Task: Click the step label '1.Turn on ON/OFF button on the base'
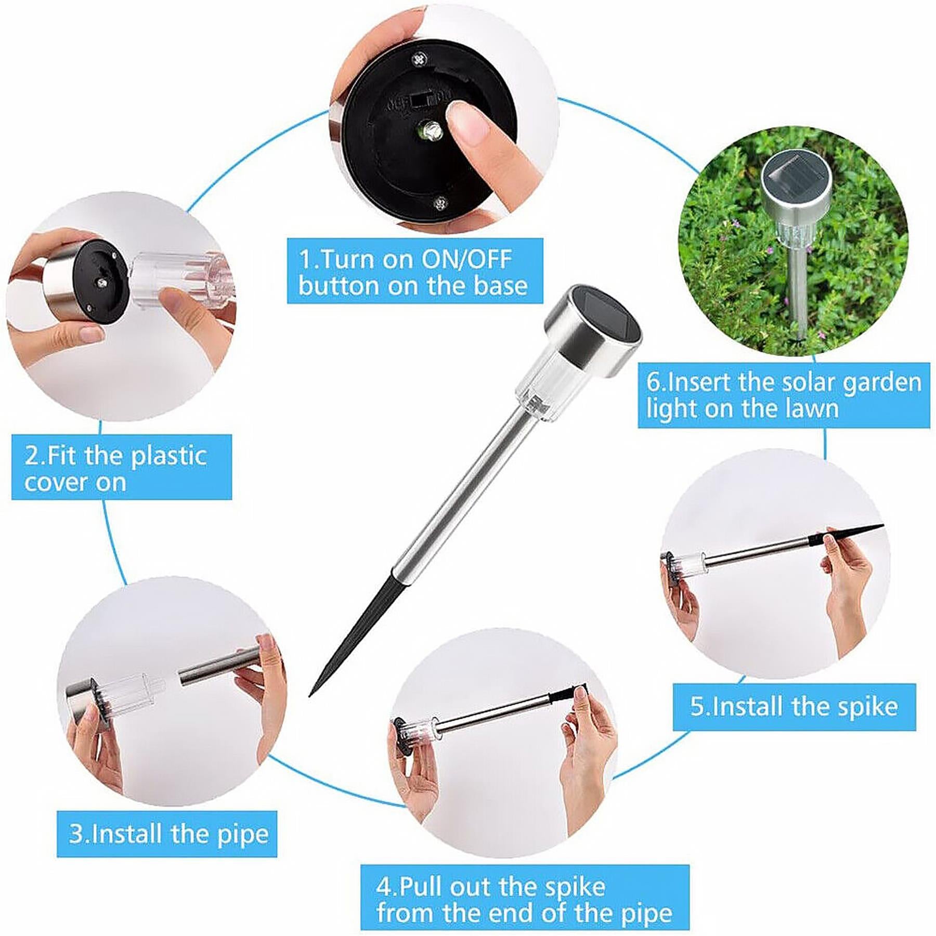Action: point(414,271)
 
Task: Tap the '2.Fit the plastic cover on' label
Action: point(121,467)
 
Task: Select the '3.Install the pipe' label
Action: point(167,834)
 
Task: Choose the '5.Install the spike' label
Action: point(794,707)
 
